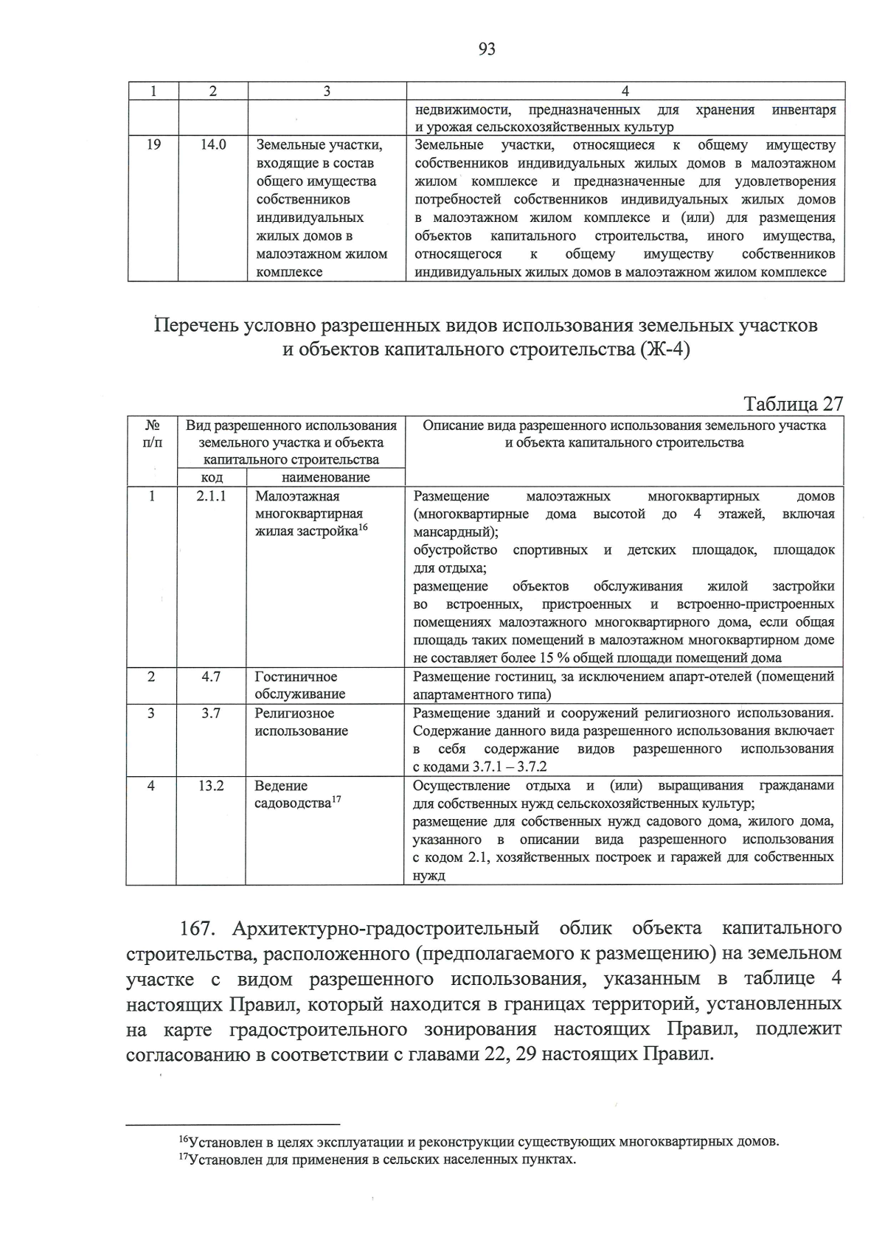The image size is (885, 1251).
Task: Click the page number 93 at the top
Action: [x=487, y=49]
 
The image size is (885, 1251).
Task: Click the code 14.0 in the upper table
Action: [x=212, y=145]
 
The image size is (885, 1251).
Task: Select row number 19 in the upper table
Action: [x=153, y=145]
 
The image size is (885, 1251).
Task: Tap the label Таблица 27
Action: [x=793, y=404]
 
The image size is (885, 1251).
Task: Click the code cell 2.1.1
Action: [x=211, y=496]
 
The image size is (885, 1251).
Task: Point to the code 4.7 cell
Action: [x=211, y=676]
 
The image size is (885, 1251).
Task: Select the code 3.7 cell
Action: [x=211, y=713]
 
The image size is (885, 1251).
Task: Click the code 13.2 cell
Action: [x=211, y=785]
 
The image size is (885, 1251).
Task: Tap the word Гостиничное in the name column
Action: [x=296, y=677]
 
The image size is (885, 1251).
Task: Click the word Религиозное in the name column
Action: [x=294, y=713]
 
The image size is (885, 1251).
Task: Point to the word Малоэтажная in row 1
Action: [x=297, y=496]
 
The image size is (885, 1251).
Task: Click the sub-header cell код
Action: [x=212, y=477]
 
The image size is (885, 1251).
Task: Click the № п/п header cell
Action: [x=152, y=433]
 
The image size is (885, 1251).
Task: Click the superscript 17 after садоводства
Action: [x=336, y=799]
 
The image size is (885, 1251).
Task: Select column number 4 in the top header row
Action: [x=625, y=91]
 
